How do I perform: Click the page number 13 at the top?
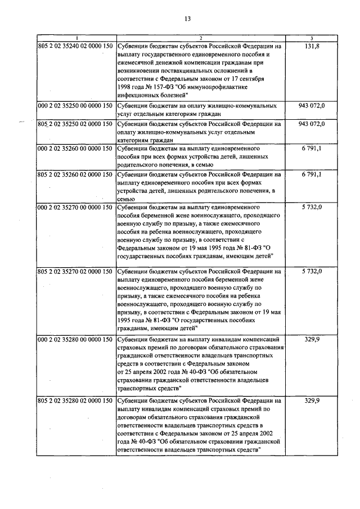(187, 19)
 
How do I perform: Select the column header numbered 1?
(76, 37)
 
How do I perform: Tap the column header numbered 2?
(200, 37)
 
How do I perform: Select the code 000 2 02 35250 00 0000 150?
(76, 106)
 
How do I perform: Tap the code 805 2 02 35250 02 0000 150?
(76, 124)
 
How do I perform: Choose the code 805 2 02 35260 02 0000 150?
(76, 175)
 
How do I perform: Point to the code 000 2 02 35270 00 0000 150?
(76, 208)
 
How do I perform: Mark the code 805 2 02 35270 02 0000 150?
(76, 272)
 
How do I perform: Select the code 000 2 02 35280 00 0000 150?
(76, 340)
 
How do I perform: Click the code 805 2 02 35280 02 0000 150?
(76, 401)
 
